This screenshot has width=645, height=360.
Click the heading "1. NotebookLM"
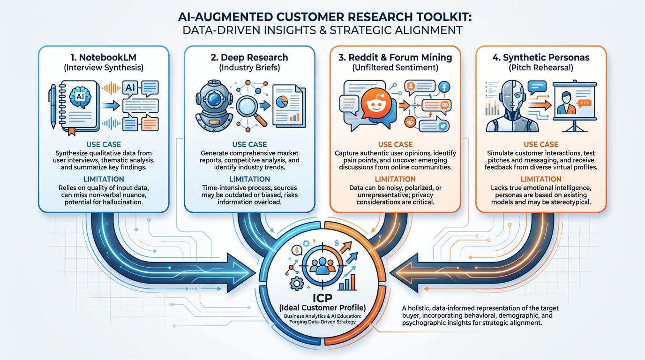[x=103, y=58]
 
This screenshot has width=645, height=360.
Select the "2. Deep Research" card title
[x=249, y=58]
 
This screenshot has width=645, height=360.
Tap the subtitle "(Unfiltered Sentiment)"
[x=395, y=67]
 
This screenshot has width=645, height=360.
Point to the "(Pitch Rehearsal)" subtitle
[x=540, y=67]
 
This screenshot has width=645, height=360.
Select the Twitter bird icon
[x=442, y=125]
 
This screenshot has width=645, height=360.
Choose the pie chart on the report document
[x=294, y=101]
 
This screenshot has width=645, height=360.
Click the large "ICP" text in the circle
[x=323, y=298]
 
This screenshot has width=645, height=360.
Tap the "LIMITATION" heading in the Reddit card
[x=395, y=179]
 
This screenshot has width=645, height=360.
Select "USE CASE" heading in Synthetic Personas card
[x=540, y=144]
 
